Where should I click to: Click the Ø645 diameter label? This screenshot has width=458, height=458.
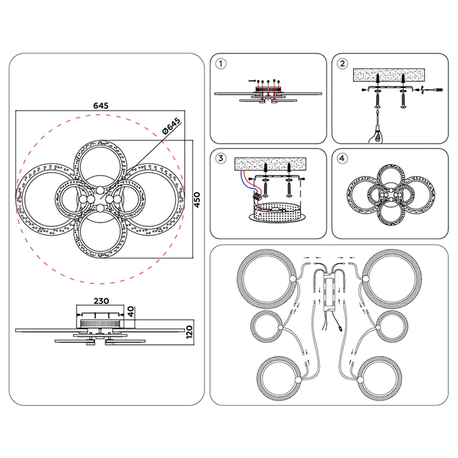click(x=171, y=126)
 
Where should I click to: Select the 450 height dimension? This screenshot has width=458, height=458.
click(x=197, y=200)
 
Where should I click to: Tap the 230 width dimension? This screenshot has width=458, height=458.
click(x=101, y=301)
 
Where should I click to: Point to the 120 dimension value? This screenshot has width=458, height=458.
click(x=189, y=332)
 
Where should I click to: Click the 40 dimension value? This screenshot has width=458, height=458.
click(x=131, y=311)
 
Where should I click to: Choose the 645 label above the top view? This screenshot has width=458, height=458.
click(x=101, y=105)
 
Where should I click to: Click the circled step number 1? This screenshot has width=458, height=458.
click(x=221, y=64)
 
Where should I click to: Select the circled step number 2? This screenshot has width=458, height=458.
click(x=342, y=64)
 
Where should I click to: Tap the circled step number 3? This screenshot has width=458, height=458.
click(x=221, y=158)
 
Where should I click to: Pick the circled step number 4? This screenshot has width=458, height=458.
click(x=342, y=158)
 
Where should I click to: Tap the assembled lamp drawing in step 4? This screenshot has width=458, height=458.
click(x=391, y=195)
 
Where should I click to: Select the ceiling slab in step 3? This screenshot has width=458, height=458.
click(x=271, y=164)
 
